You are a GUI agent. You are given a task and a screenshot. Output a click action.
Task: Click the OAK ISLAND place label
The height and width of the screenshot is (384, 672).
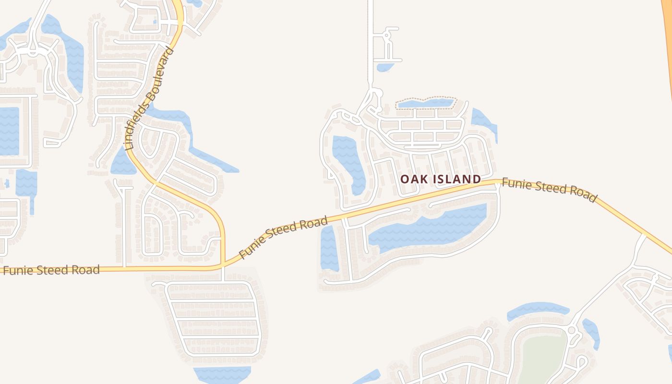coord(441,179)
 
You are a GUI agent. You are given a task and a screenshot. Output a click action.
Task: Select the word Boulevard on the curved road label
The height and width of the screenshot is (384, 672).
coord(161,77)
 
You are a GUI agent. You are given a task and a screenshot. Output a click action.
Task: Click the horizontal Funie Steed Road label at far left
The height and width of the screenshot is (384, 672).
coord(52,270)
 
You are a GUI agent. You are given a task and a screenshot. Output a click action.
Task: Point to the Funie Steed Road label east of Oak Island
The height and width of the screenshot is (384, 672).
coord(549,190)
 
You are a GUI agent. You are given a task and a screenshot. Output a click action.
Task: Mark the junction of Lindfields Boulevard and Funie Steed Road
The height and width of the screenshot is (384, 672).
coord(224,265)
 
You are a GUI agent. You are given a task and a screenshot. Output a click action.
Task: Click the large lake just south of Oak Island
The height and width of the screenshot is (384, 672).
coord(427,228)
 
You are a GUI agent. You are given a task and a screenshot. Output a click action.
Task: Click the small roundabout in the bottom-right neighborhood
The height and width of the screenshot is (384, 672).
coord(571,330)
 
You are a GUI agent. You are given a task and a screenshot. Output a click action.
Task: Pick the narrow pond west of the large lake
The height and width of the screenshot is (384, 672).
coord(329,247)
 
